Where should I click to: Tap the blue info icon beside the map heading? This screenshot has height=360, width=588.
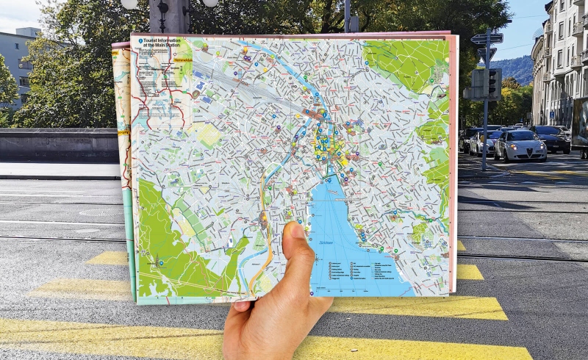click(140, 42)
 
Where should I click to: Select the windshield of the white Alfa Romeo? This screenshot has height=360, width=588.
click(520, 136)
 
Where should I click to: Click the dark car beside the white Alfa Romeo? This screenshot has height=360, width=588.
click(552, 138)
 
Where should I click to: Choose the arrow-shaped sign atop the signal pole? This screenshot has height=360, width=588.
click(487, 38)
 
